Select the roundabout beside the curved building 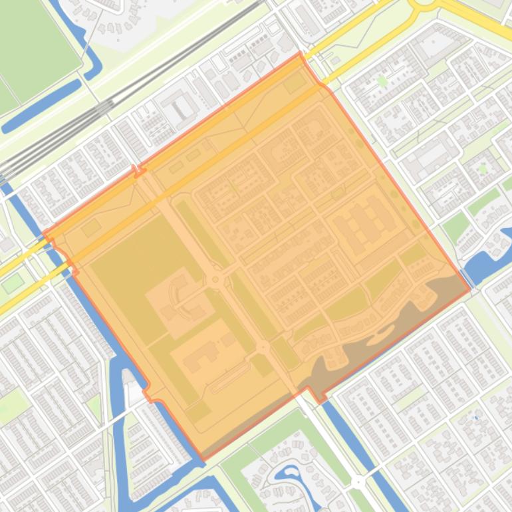coord(215,280)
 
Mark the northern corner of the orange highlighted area coord(300,53)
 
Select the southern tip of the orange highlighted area coord(203,459)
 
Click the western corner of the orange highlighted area coord(44,234)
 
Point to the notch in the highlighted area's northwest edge coord(139,172)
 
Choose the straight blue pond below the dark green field coord(40,106)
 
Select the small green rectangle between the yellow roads coord(13,283)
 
